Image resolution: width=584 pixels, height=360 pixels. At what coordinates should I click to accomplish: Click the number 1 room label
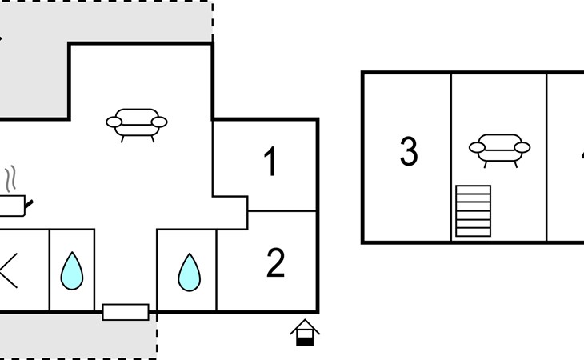[x=270, y=162]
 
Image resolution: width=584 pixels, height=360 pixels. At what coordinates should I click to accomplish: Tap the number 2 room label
[x=275, y=263]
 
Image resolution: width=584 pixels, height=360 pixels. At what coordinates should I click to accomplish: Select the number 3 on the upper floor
[x=408, y=152]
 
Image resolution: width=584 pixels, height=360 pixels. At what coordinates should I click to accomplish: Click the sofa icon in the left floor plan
[x=137, y=123]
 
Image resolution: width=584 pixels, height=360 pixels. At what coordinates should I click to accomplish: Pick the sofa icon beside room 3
[x=499, y=147]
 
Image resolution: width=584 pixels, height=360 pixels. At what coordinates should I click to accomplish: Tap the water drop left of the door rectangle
[x=72, y=271]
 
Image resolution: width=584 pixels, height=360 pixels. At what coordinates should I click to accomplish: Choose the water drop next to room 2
[x=189, y=272]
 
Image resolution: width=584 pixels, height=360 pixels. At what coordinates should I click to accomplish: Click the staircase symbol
[x=473, y=210]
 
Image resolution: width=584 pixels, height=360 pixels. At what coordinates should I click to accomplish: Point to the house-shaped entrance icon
[x=305, y=332]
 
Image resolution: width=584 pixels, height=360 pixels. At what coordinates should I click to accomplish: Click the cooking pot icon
[x=12, y=206]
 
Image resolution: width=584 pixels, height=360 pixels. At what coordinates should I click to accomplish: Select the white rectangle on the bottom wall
[x=126, y=312]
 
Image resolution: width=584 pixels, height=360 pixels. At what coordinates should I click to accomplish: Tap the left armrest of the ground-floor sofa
[x=115, y=123]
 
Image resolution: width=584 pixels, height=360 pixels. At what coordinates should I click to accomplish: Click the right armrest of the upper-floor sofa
[x=522, y=147]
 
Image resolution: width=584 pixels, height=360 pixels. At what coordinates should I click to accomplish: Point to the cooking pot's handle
[x=30, y=206]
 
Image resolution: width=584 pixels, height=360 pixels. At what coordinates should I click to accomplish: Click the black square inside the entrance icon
[x=305, y=340]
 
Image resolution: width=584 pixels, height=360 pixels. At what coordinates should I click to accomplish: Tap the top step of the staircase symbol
[x=473, y=190]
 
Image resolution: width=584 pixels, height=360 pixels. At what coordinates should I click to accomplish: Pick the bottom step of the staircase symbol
[x=473, y=232]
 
